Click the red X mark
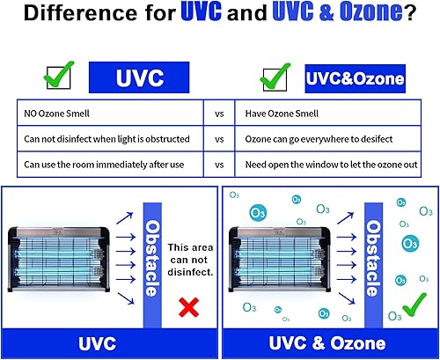point(187,307)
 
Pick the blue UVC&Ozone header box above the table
point(356,78)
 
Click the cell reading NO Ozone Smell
point(57,114)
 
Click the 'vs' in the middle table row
point(218,139)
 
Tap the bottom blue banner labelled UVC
point(110,342)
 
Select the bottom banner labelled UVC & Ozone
point(328,342)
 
